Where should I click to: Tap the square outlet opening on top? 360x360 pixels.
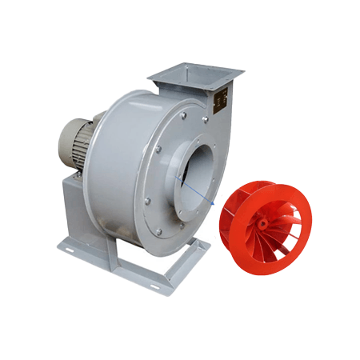pyautogui.click(x=194, y=74)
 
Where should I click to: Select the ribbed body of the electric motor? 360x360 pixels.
pyautogui.click(x=77, y=139)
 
